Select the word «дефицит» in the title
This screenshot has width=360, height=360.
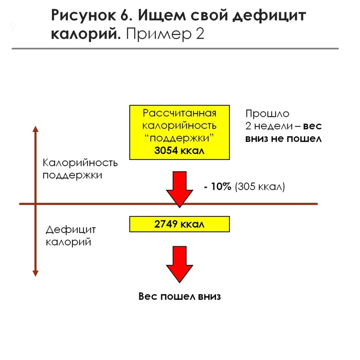269,16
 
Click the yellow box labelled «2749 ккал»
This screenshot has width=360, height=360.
179,224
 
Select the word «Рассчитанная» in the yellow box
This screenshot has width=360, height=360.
179,113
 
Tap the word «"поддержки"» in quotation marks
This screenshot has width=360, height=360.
179,138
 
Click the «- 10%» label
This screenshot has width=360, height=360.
217,187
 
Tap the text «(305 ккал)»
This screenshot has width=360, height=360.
259,187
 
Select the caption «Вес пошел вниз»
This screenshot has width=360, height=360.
179,297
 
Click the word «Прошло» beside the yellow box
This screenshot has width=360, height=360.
267,114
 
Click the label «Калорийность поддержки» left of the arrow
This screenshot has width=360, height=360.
80,169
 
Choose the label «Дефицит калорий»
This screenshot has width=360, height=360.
71,236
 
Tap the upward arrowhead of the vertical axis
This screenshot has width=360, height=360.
35,129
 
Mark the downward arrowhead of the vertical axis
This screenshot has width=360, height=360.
35,272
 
